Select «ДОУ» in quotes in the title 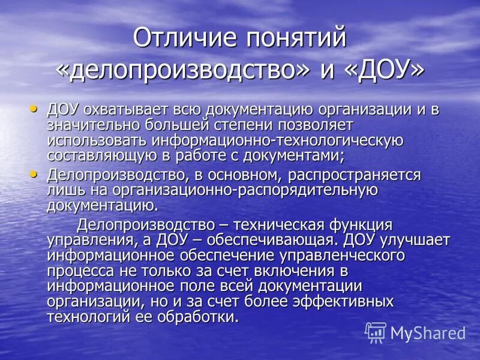point(385,70)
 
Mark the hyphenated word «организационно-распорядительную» point(244,191)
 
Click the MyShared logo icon point(376,332)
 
